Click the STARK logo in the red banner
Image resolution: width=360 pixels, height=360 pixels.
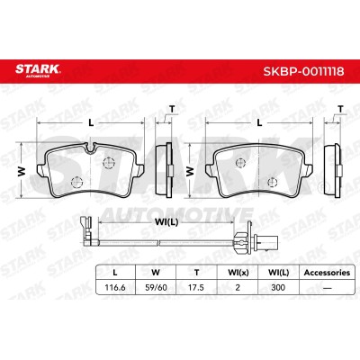(38, 70)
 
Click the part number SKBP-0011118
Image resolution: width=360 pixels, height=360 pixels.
(303, 72)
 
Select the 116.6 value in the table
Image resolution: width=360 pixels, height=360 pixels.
(115, 287)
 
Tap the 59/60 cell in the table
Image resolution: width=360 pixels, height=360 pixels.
(156, 287)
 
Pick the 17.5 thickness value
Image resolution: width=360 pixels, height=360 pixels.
(196, 287)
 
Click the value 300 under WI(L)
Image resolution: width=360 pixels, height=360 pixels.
(278, 287)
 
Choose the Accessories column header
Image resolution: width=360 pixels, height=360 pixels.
(327, 273)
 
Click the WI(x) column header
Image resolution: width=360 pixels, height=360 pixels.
(238, 273)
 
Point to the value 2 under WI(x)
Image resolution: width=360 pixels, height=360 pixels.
(238, 287)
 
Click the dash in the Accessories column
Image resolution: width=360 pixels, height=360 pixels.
(327, 288)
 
